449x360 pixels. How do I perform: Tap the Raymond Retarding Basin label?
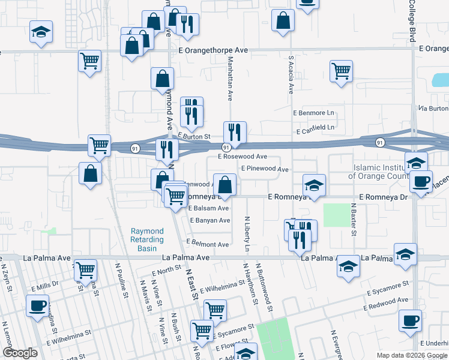coord(147,239)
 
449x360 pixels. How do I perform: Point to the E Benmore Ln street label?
coord(313,113)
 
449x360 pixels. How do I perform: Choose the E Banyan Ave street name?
coord(210,221)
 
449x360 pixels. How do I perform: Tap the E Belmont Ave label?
coord(207,244)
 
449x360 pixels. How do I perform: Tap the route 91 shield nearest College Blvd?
coord(380,143)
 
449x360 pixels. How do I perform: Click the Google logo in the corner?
coord(20,353)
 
